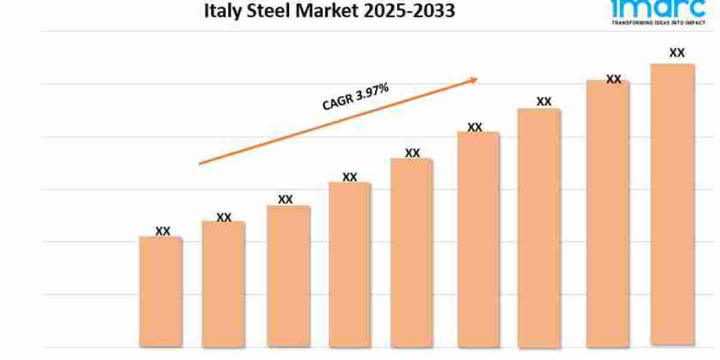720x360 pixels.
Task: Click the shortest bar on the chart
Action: tap(161, 292)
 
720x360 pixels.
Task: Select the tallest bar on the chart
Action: tap(673, 204)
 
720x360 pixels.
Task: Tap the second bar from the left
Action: tap(223, 284)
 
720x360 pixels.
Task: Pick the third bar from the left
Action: tap(289, 276)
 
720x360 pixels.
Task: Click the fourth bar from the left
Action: tap(350, 265)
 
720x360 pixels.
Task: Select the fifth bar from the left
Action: tap(412, 253)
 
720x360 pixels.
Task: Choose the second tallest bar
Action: tap(608, 213)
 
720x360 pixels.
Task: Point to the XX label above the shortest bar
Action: tap(163, 231)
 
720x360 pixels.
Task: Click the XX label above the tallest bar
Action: tap(677, 53)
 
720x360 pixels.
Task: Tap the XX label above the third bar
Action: tap(286, 199)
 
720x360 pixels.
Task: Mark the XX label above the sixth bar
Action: tap(475, 127)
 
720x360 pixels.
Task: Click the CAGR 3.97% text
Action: tap(355, 97)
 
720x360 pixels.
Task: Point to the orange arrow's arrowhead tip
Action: tap(477, 78)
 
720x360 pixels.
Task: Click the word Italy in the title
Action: tap(221, 10)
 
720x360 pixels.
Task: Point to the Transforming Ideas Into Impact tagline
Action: tap(658, 22)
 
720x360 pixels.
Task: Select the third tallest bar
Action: tap(539, 228)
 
